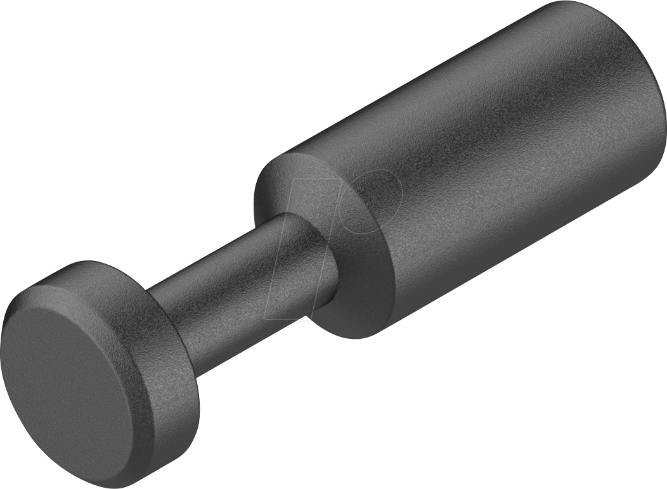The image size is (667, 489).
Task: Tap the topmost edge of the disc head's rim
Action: (89, 262)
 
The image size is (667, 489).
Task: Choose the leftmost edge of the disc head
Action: (5, 342)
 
